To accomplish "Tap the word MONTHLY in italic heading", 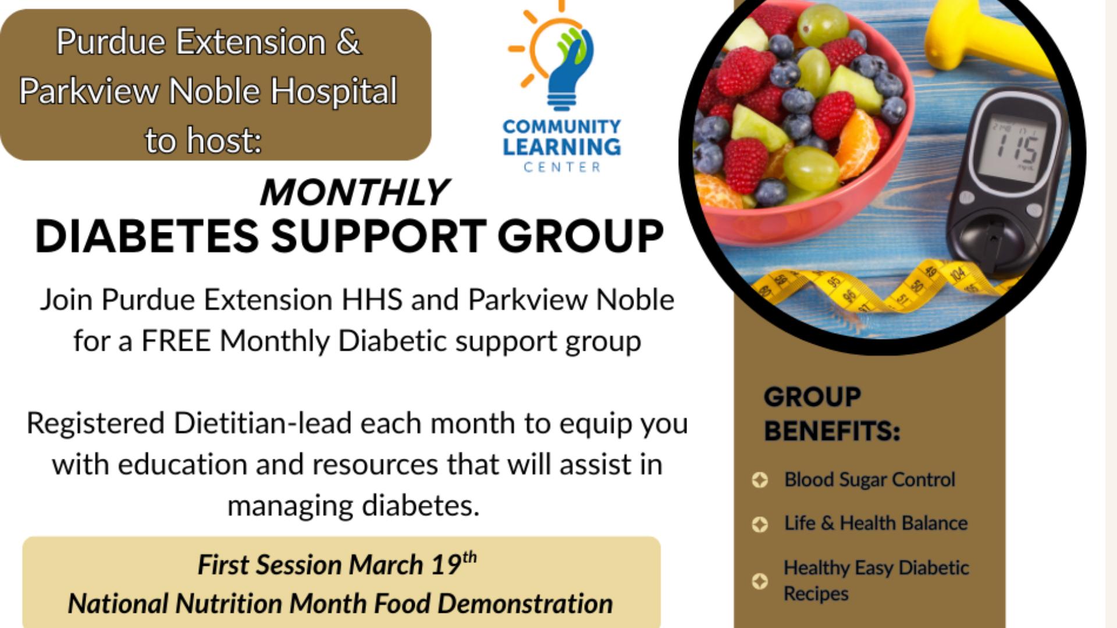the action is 354,192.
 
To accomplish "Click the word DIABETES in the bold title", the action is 147,237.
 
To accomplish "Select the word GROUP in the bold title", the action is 580,237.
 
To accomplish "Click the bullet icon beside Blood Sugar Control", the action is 760,480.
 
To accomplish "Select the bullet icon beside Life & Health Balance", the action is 760,524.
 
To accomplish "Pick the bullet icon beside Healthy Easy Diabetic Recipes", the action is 760,581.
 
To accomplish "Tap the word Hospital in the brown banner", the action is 334,92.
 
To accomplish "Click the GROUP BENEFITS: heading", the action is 832,414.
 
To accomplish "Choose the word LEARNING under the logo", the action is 562,147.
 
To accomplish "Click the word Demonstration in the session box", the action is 525,604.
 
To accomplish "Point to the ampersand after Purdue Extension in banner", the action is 348,42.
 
